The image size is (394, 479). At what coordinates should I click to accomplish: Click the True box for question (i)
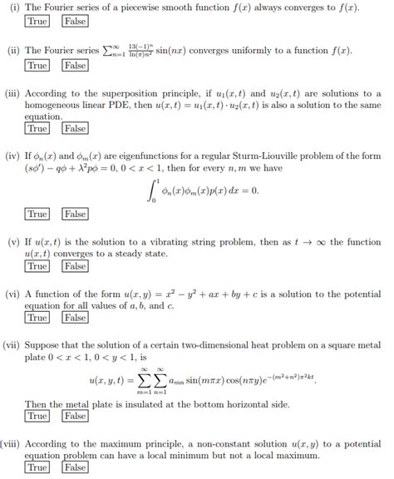coord(37,22)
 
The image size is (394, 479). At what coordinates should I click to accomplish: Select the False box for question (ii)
coord(75,65)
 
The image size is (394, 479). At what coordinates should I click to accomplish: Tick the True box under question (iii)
coord(37,129)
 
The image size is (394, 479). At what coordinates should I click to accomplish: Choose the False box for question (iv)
coord(75,215)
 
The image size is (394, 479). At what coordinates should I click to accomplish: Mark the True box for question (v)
coord(37,266)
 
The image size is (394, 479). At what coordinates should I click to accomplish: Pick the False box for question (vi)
coord(75,318)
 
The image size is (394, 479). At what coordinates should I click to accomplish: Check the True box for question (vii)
coord(37,416)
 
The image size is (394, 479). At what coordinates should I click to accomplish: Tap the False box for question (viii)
coord(75,467)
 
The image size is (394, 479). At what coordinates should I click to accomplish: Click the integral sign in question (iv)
coord(150,190)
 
